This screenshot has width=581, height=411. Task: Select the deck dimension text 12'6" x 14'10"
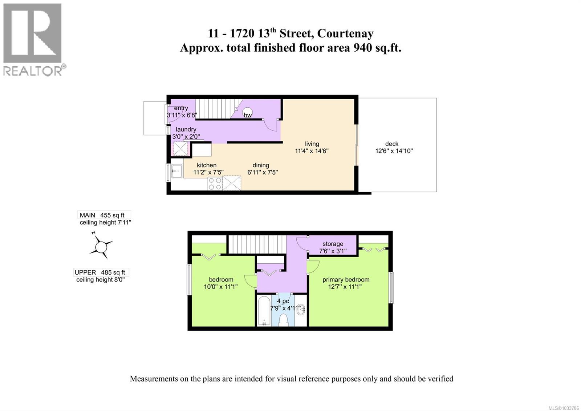[394, 151]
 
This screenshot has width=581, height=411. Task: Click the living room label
[312, 144]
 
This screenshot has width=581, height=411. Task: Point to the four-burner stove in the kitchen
[215, 183]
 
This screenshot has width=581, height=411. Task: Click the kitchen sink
[176, 171]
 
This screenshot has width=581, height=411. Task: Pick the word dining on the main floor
[261, 165]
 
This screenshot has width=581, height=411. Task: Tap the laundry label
[186, 129]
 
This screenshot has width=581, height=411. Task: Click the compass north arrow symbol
[100, 246]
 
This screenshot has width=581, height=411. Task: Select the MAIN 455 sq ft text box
[104, 215]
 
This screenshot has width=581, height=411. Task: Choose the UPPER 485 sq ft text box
[101, 272]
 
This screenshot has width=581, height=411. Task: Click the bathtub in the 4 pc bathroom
[264, 311]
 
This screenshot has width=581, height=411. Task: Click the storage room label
[333, 244]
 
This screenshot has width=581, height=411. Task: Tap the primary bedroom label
[346, 280]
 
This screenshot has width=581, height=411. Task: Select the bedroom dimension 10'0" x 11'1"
[221, 287]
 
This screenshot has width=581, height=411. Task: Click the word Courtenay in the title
[345, 33]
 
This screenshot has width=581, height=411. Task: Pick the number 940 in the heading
[363, 48]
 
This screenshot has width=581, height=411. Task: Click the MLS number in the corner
[563, 408]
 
